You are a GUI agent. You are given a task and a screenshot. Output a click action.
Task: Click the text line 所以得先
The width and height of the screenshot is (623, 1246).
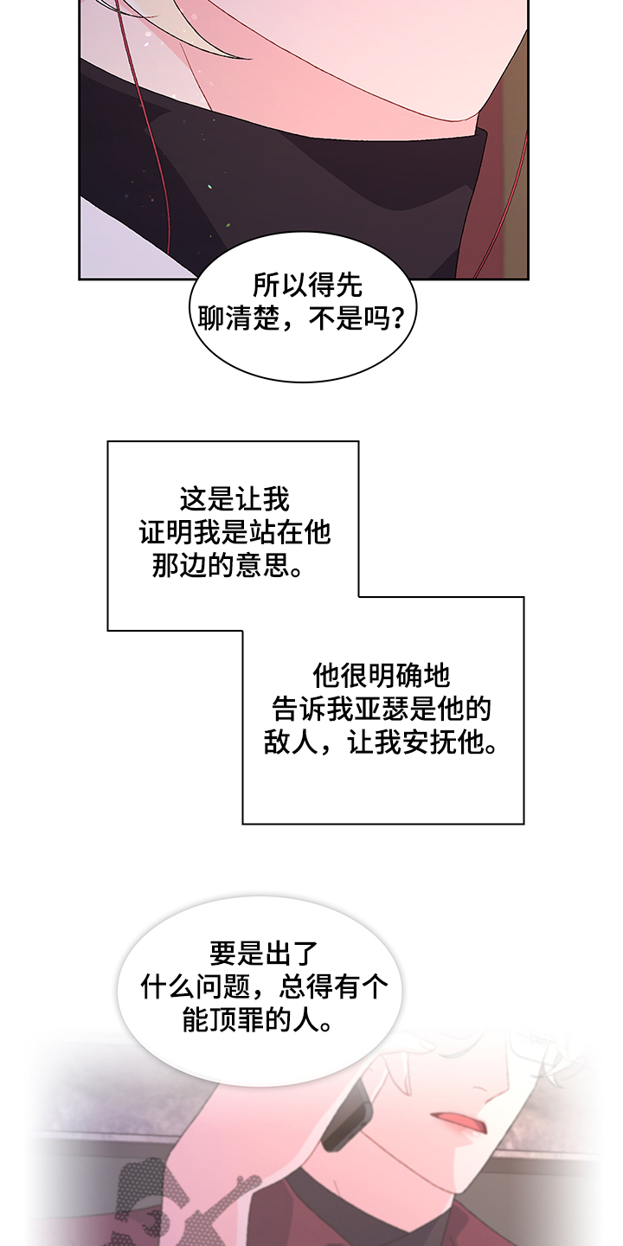(x=307, y=286)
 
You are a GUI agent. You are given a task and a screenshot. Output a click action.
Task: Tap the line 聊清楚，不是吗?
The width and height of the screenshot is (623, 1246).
(x=300, y=319)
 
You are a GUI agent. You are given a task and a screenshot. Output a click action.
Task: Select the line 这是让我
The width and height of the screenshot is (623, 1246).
(x=234, y=499)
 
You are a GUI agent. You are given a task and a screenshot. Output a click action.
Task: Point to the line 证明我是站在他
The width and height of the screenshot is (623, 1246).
(x=234, y=532)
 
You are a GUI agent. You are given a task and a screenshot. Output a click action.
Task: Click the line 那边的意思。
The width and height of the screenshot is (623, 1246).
(x=228, y=566)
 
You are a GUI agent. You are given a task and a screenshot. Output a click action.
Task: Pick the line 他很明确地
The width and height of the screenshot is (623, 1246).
(x=381, y=676)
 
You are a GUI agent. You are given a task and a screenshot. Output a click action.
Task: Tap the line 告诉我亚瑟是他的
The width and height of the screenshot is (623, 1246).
(x=381, y=710)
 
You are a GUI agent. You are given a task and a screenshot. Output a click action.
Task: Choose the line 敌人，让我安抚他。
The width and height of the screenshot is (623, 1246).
(x=381, y=742)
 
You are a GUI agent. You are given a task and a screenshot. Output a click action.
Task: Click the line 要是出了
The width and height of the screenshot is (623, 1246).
(x=264, y=954)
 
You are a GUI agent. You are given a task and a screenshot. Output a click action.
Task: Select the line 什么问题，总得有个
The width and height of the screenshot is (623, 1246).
(x=264, y=987)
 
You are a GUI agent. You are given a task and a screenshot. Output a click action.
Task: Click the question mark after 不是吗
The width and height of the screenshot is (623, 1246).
(x=397, y=319)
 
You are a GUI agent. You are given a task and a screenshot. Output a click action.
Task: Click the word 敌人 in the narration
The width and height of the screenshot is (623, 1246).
(x=291, y=742)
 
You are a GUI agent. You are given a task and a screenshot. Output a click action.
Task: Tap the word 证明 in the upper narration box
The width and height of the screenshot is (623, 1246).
(x=166, y=532)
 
